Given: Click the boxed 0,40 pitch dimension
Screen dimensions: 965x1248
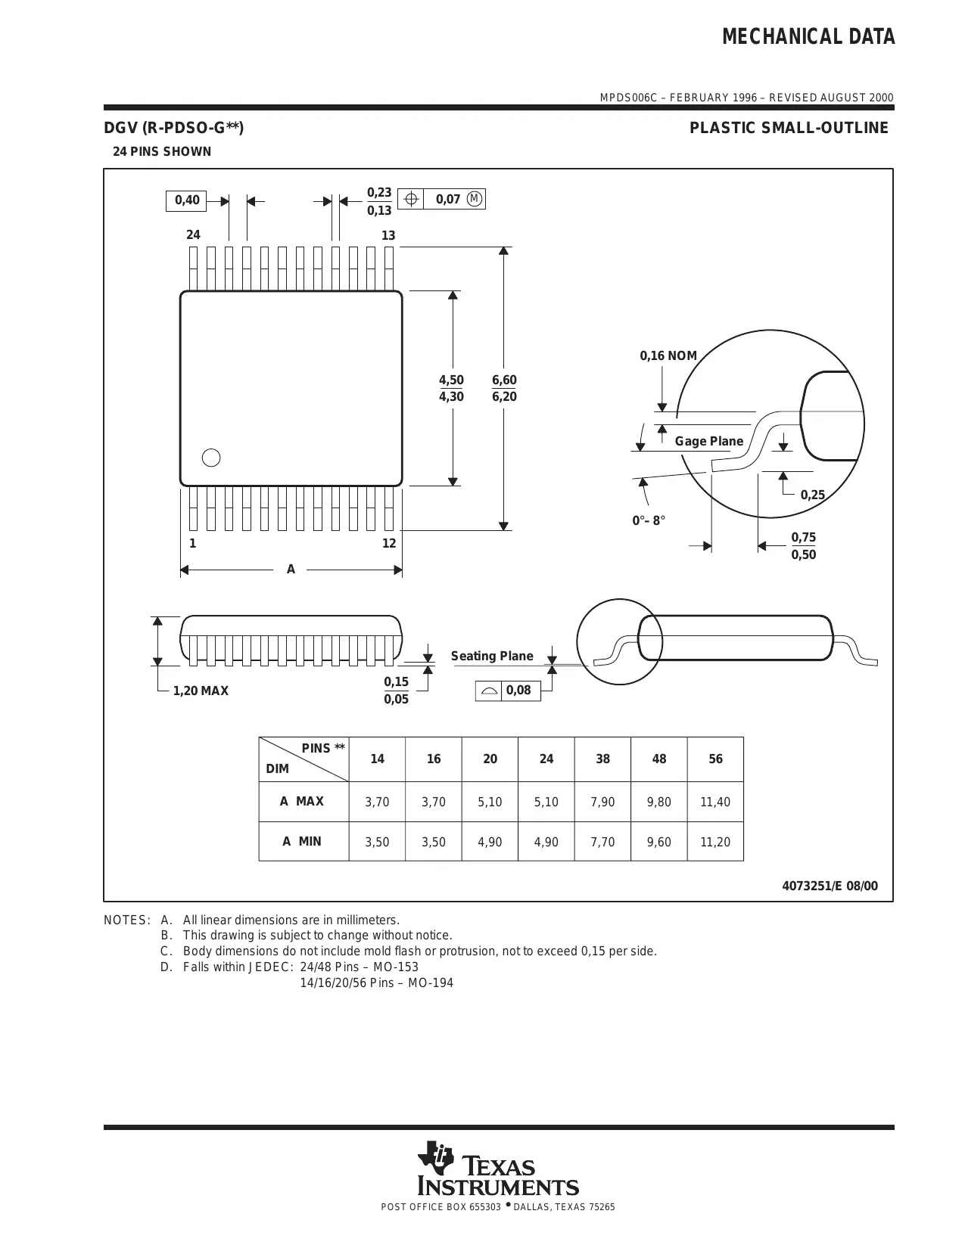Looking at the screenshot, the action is point(187,200).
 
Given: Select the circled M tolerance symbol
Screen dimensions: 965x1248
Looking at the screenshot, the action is point(475,199).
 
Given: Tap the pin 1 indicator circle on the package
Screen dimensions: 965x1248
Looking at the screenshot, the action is point(212,458).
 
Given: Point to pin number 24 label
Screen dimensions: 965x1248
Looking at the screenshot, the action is point(194,235).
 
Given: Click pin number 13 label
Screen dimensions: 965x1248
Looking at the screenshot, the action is point(388,236).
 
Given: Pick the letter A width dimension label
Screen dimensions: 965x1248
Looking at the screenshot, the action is point(291,570).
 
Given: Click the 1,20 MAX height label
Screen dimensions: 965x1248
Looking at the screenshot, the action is point(201,691).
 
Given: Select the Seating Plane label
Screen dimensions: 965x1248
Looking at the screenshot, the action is point(492,656).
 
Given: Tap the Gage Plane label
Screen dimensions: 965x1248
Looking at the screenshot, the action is point(709,441).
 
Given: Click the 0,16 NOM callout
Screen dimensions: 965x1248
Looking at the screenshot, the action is point(668,356).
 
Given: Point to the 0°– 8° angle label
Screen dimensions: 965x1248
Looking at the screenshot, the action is point(649,520).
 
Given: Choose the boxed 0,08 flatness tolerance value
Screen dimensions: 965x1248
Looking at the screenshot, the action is point(518,691).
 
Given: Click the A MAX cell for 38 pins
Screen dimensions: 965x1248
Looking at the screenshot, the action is point(602,802).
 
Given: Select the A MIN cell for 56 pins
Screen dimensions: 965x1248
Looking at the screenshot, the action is point(715,842).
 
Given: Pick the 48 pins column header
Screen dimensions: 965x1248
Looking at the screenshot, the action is point(659,759).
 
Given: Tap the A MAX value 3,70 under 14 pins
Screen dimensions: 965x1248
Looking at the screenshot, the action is point(377,802).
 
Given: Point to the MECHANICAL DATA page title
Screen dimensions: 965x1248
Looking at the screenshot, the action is point(808,37).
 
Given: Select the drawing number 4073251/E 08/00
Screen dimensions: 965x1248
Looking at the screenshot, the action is point(830,886).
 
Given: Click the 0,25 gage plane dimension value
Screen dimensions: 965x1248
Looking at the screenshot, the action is point(813,495).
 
